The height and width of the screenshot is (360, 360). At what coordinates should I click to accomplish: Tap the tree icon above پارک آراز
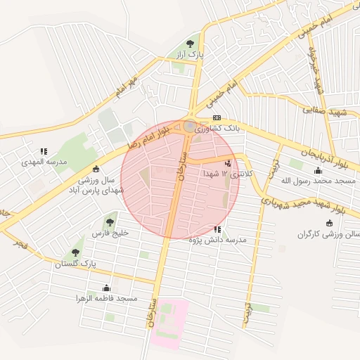(189, 44)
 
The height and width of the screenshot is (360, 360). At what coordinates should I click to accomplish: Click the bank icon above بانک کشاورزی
(217, 118)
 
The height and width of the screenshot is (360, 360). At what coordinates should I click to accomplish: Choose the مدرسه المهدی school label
(42, 161)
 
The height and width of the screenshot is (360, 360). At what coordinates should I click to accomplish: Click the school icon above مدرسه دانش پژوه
(218, 229)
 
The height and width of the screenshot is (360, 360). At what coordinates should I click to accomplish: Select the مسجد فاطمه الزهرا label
(106, 298)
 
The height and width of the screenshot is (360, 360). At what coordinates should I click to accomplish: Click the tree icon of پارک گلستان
(75, 252)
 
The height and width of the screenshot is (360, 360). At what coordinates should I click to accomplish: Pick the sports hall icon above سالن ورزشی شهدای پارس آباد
(96, 169)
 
